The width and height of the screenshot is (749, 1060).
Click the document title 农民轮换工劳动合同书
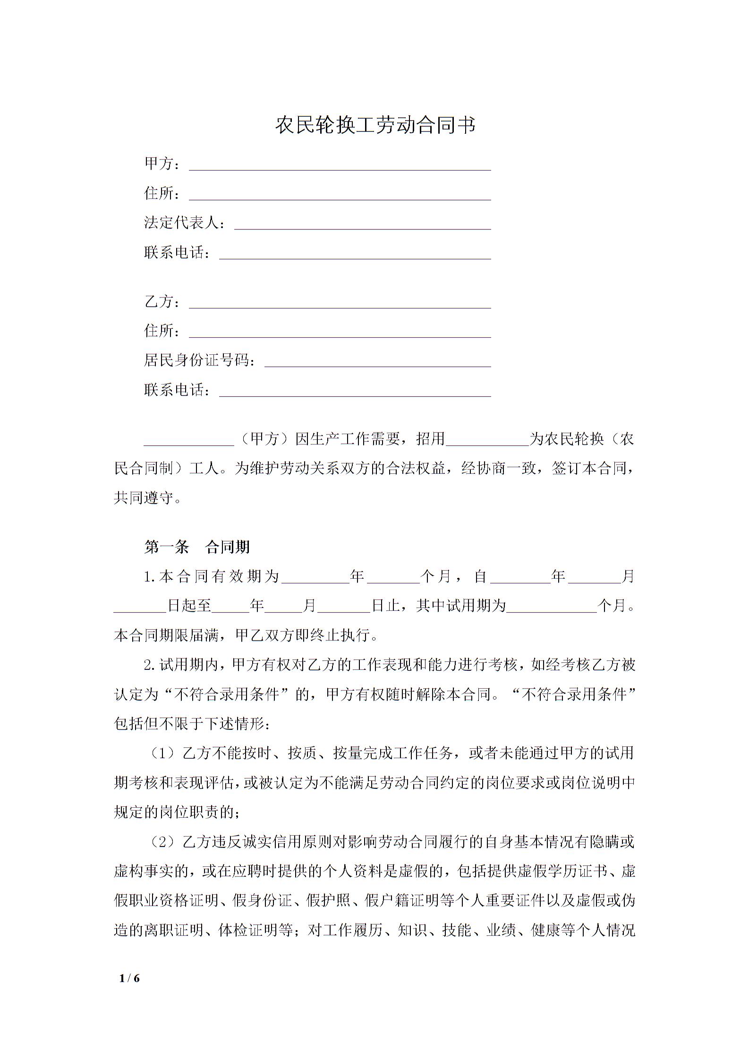coord(375,125)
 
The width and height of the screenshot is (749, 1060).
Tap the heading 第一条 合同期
coord(197,547)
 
